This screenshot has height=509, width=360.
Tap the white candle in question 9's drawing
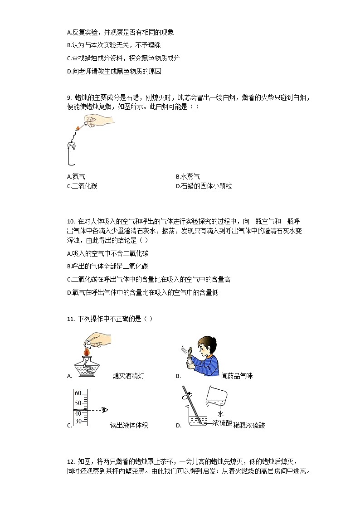(x=71, y=154)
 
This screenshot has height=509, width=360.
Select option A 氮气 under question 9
(x=76, y=177)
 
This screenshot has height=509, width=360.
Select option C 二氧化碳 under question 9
(x=82, y=186)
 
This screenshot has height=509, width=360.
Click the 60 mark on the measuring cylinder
(x=78, y=393)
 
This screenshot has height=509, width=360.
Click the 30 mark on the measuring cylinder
(x=78, y=422)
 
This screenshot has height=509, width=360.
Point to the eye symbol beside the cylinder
(x=105, y=410)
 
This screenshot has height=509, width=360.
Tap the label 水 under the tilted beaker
(x=220, y=414)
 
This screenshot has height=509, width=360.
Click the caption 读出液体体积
(x=129, y=425)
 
